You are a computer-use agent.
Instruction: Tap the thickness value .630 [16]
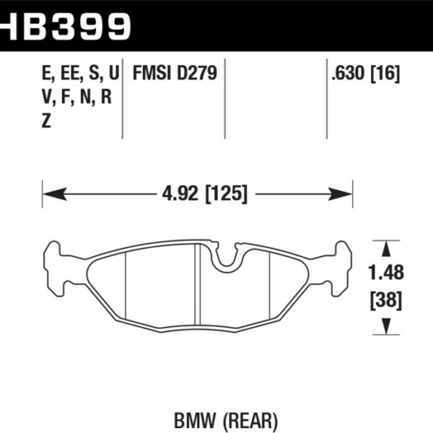tap(364, 75)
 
